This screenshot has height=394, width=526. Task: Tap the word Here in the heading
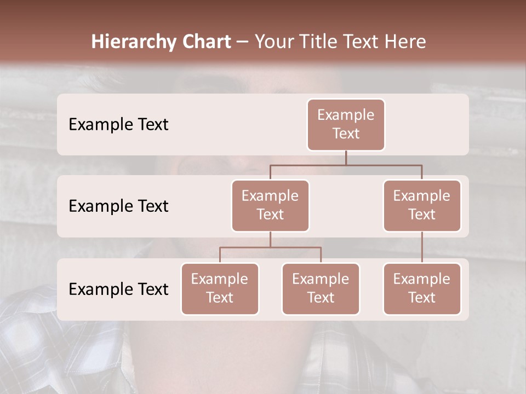pos(404,42)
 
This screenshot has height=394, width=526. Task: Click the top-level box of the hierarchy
pos(346,124)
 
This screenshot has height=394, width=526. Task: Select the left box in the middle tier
pos(270,205)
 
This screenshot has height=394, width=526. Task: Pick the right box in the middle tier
pos(422,205)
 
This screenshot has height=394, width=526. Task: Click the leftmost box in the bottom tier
pos(220,288)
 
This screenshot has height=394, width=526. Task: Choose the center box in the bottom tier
pos(321,288)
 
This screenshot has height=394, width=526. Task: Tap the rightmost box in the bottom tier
pos(422,288)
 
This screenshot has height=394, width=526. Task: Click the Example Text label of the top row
pos(118,125)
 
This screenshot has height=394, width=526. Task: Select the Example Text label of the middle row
pos(118,206)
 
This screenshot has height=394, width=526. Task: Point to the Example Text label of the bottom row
pos(118,289)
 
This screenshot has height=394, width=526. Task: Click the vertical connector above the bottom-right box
pos(422,247)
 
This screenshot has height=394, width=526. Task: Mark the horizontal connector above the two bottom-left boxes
pos(270,247)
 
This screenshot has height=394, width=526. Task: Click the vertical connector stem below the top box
pos(346,158)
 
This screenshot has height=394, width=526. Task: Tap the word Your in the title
pos(273,42)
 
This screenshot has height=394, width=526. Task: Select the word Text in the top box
pos(346,134)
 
